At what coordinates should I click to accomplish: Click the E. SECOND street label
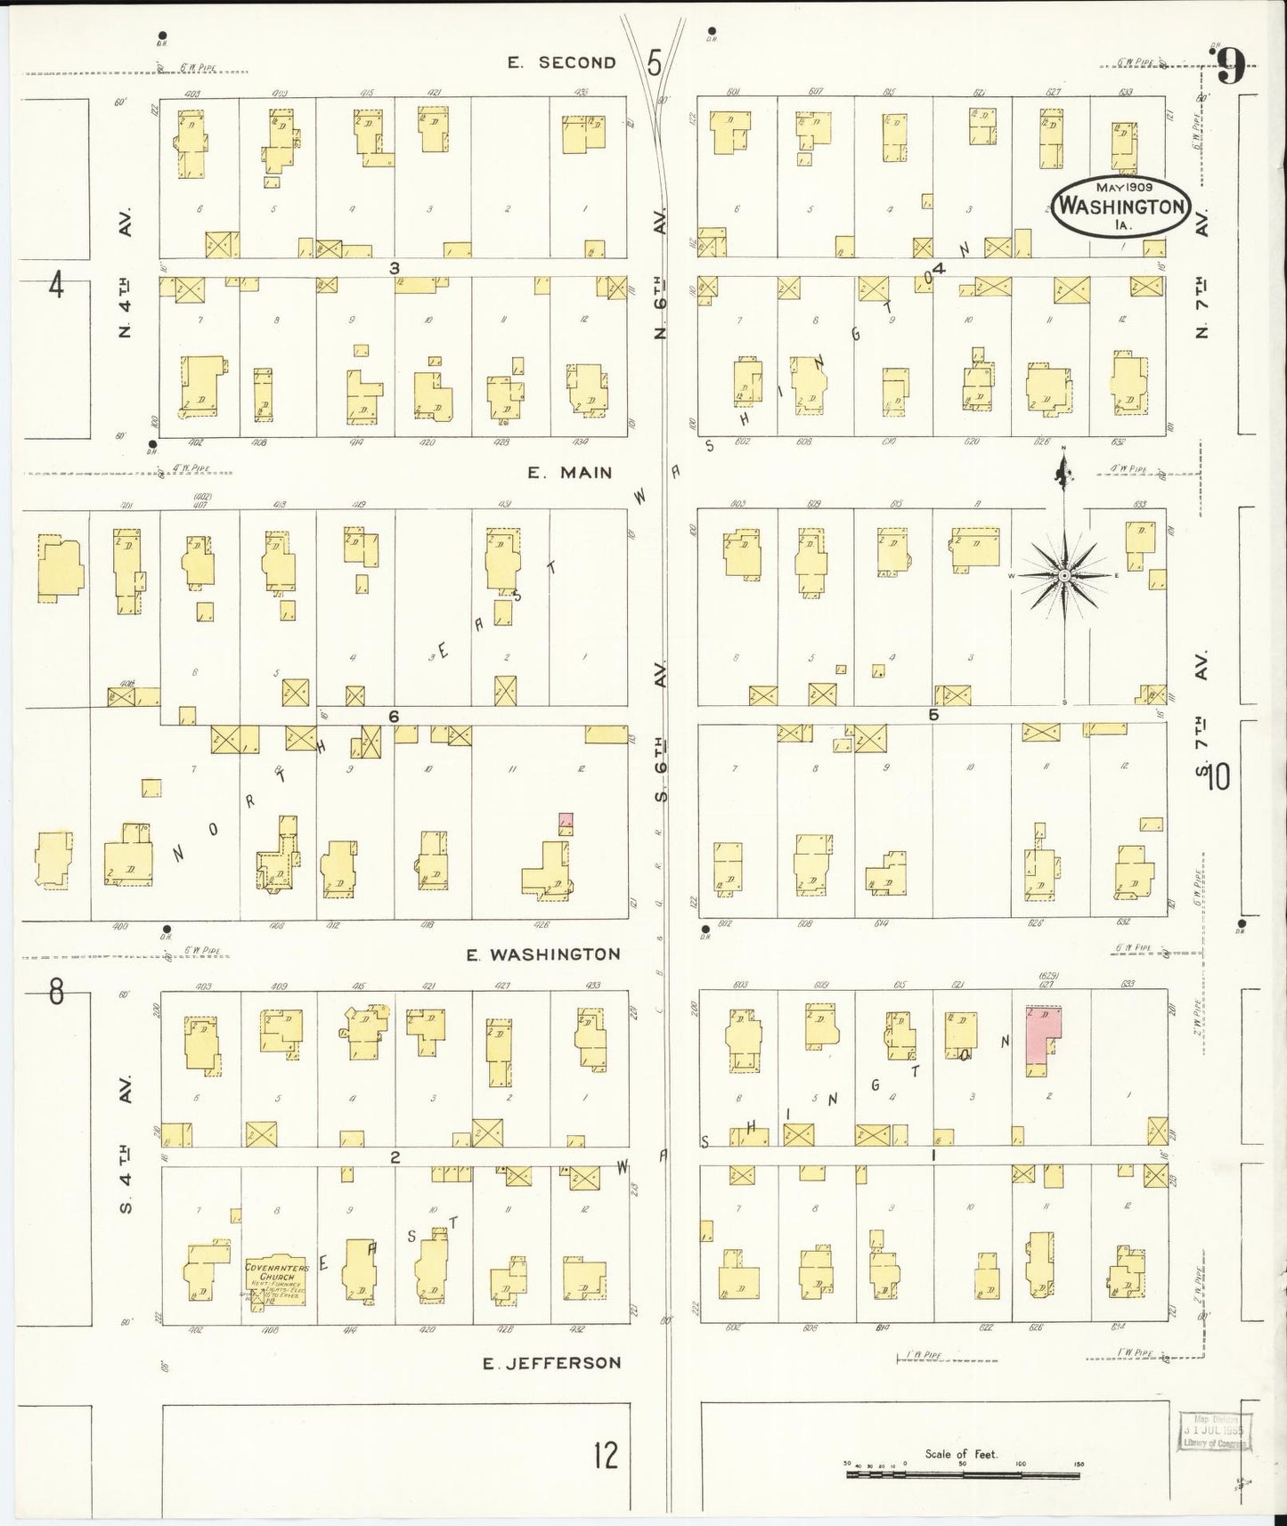pos(561,62)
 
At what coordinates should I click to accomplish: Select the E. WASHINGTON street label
pos(543,954)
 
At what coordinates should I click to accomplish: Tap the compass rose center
pos(1064,577)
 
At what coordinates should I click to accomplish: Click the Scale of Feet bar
pos(962,1474)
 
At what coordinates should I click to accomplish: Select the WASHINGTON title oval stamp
pos(1121,207)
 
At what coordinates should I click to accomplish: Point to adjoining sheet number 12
pos(606,1457)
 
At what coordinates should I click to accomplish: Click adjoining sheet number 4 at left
pos(56,287)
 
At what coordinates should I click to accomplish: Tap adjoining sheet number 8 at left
pos(56,992)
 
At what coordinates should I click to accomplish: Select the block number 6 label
pos(393,717)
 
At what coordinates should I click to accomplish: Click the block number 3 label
pos(393,267)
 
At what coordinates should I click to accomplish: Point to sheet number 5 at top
pos(656,63)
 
